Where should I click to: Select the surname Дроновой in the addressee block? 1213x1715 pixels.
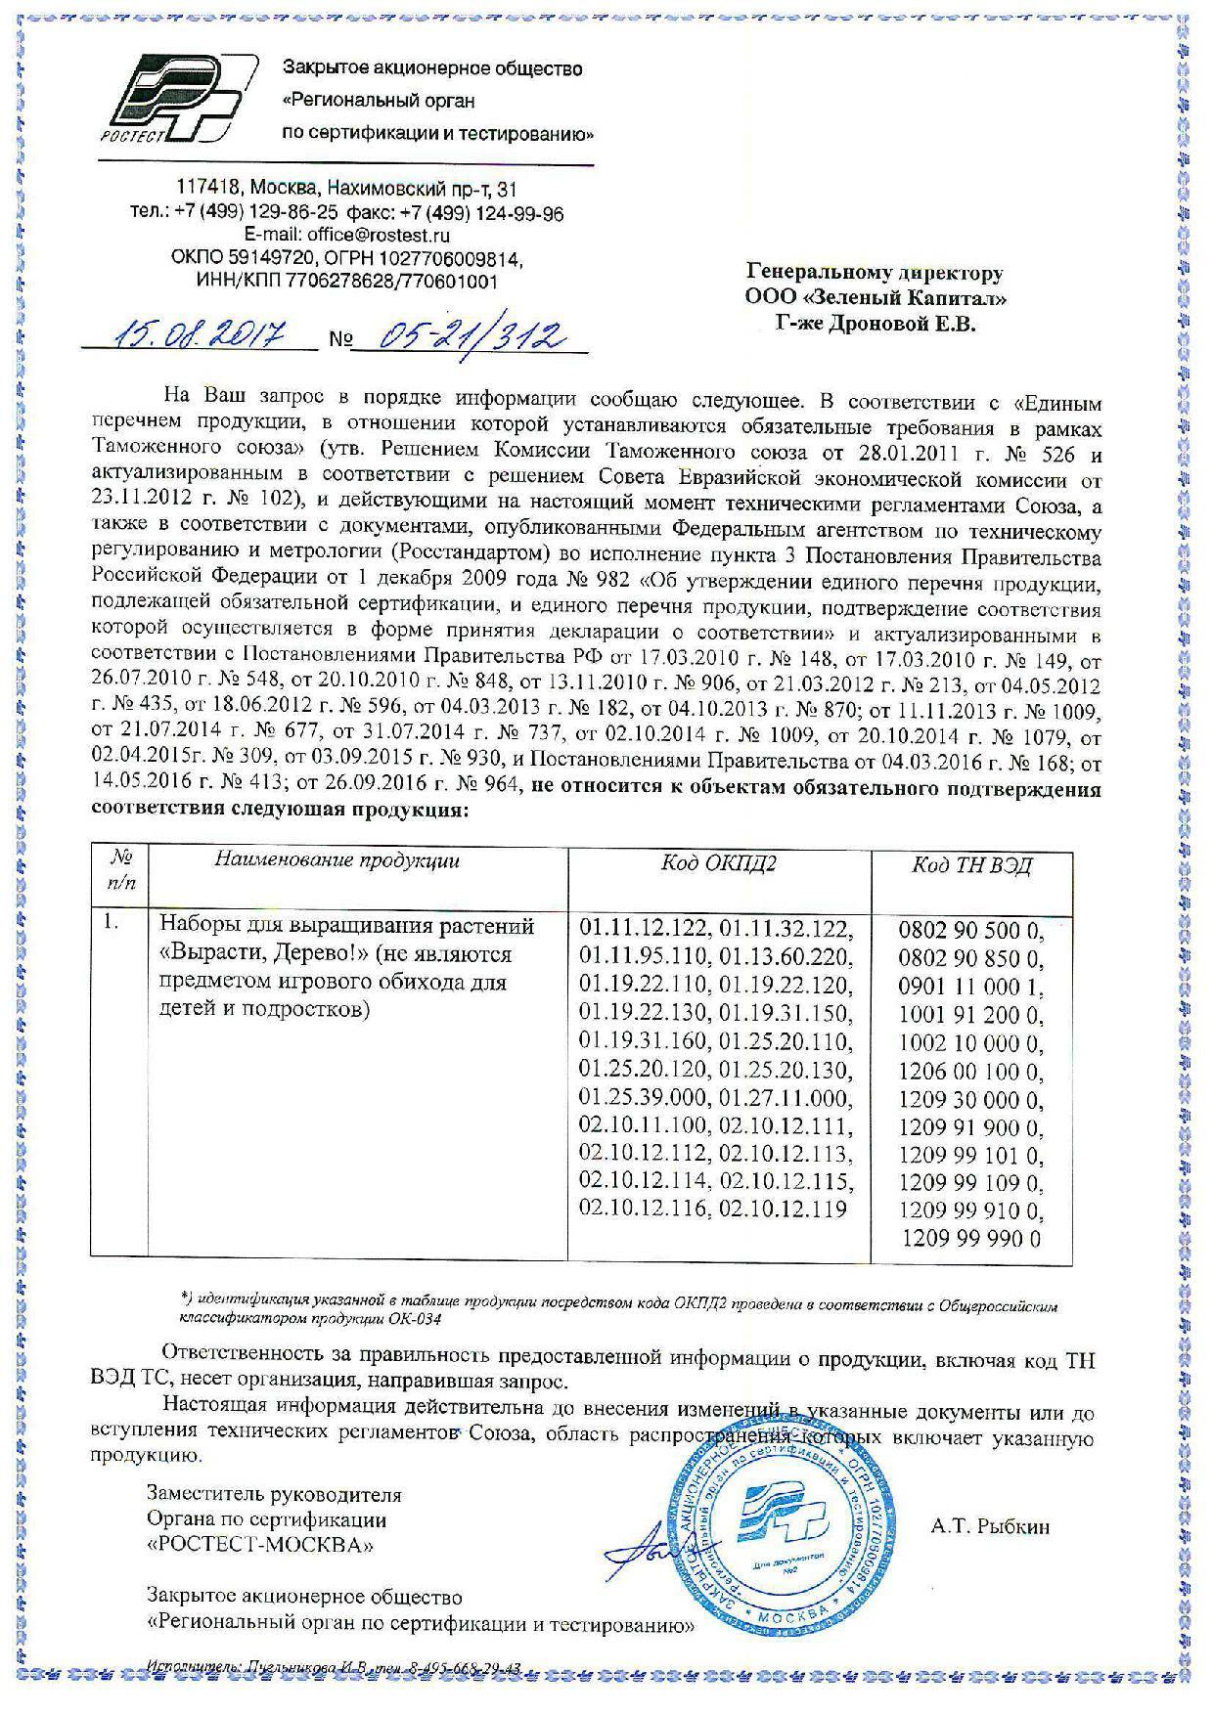pyautogui.click(x=880, y=323)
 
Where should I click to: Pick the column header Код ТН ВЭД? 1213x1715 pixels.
pyautogui.click(x=970, y=864)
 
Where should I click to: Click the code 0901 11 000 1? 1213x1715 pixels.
pyautogui.click(x=970, y=986)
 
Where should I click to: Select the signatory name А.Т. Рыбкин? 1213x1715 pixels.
pyautogui.click(x=991, y=1525)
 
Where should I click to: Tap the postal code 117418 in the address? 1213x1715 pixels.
pyautogui.click(x=206, y=188)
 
